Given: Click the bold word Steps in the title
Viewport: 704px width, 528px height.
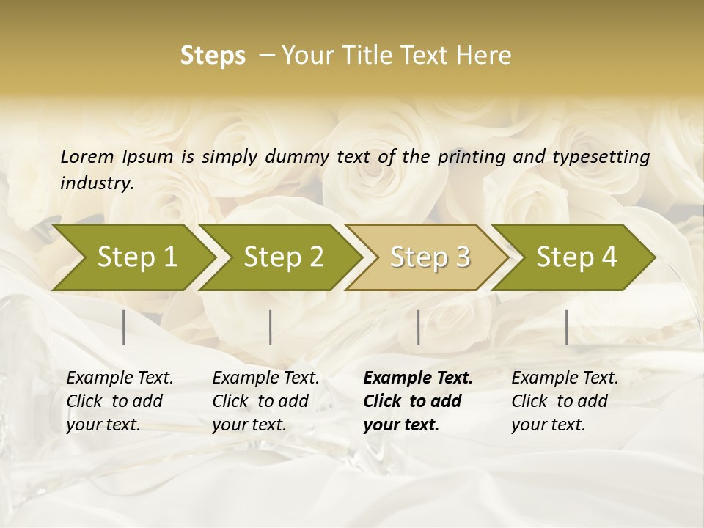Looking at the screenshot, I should coord(213,56).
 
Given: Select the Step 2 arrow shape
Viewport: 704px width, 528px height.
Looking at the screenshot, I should coord(283,257).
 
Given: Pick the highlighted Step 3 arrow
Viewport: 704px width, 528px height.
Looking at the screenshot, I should coord(430,257).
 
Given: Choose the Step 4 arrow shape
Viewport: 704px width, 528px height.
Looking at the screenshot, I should coord(576,257).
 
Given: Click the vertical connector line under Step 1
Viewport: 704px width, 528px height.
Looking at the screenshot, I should coord(124,327).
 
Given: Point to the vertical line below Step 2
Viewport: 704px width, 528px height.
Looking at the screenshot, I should coord(271,327).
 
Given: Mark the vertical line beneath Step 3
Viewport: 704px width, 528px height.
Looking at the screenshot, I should coord(419,327).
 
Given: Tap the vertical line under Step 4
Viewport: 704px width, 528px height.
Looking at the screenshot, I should coord(567,327).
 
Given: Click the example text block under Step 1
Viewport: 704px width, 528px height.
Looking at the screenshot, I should coord(120,401).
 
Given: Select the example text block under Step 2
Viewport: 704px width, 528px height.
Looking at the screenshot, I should coord(265,401).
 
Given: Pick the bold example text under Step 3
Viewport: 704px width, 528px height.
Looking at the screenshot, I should coord(418,401).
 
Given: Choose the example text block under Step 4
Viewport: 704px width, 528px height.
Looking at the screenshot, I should coord(565,401).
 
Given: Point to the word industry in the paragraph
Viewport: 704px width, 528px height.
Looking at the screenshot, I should coord(96,183).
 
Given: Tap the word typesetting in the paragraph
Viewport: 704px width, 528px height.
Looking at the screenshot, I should coord(606,156).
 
